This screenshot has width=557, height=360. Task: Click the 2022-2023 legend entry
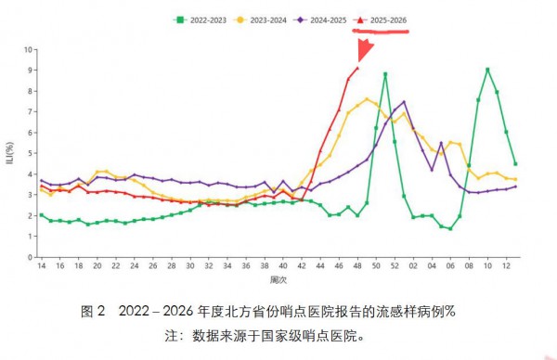click(x=204, y=19)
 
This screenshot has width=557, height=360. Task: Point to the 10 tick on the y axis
click(x=28, y=49)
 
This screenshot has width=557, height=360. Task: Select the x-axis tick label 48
click(x=357, y=266)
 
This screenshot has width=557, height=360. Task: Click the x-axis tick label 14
click(x=41, y=266)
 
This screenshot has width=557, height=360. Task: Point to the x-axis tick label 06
click(x=450, y=266)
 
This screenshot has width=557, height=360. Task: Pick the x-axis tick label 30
click(x=190, y=266)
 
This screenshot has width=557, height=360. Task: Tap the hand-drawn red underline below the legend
click(x=381, y=31)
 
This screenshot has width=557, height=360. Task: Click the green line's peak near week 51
click(x=385, y=73)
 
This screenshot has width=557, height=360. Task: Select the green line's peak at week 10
click(x=487, y=70)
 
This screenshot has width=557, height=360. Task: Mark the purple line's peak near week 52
click(x=404, y=102)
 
